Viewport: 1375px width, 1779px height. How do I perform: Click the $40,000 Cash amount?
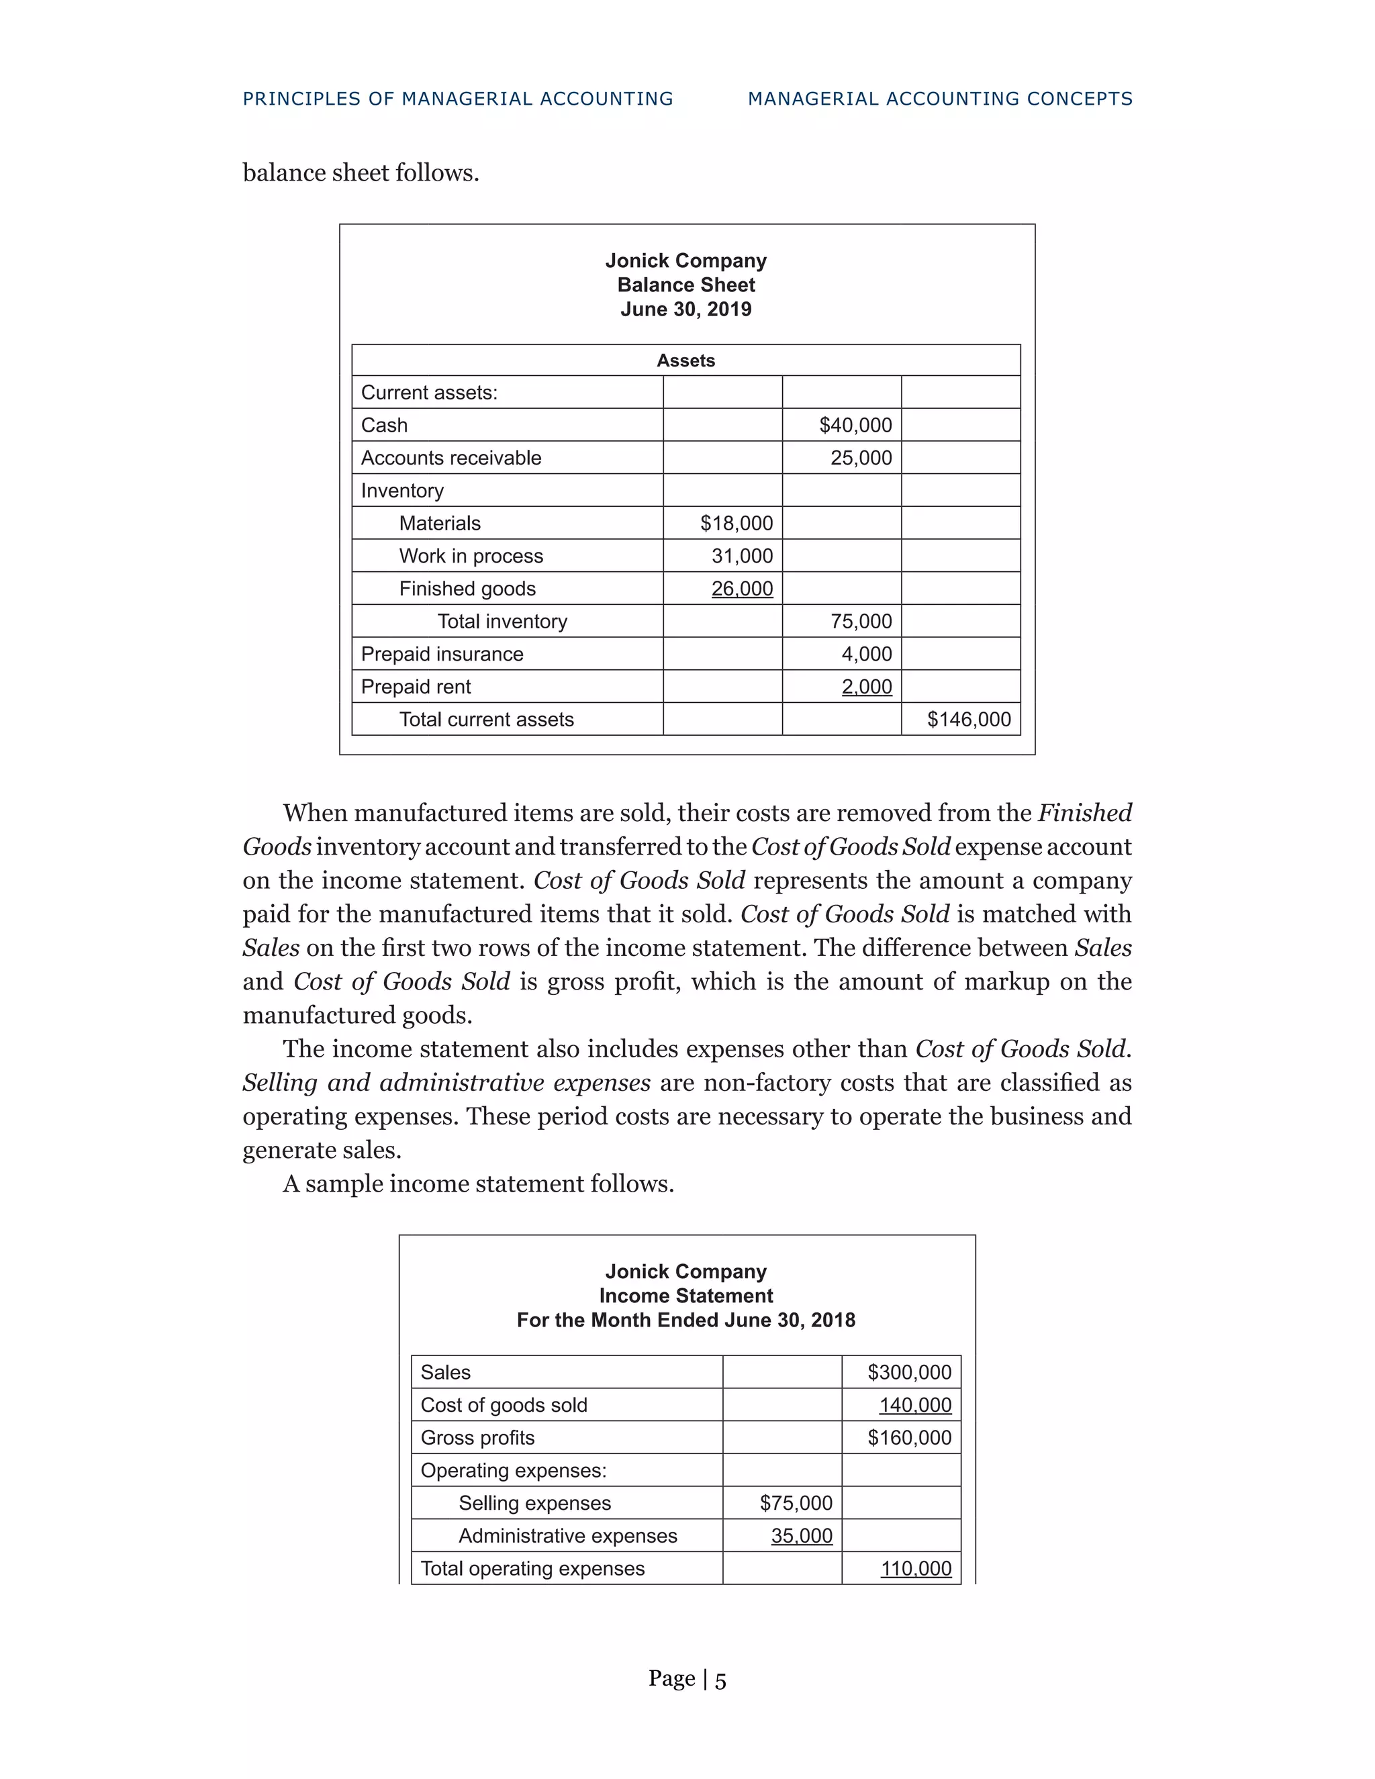point(855,425)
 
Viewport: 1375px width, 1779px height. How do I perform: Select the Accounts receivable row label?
point(451,458)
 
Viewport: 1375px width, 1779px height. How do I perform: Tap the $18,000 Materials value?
point(737,523)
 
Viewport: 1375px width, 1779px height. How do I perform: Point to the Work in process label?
point(471,556)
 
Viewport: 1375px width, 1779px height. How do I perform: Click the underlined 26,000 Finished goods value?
point(742,588)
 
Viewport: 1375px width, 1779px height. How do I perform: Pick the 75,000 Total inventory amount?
point(861,621)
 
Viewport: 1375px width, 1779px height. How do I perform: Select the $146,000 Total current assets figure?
point(969,719)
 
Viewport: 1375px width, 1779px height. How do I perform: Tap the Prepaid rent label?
point(416,687)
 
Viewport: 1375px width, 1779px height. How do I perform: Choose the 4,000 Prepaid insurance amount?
point(867,654)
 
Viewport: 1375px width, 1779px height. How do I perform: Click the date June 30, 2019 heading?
point(686,309)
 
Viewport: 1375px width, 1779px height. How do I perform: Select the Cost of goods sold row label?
point(504,1405)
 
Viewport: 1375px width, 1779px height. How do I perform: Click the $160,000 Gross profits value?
point(909,1438)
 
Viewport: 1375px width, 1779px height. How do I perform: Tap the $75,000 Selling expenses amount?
point(796,1503)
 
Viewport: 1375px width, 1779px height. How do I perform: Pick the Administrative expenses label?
point(568,1535)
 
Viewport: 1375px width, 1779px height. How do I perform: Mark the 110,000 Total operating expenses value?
point(916,1568)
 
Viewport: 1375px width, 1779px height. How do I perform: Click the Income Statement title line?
point(686,1296)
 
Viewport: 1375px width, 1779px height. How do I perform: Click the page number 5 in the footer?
point(721,1680)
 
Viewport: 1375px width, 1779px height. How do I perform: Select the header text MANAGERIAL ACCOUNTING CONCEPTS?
point(940,99)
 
